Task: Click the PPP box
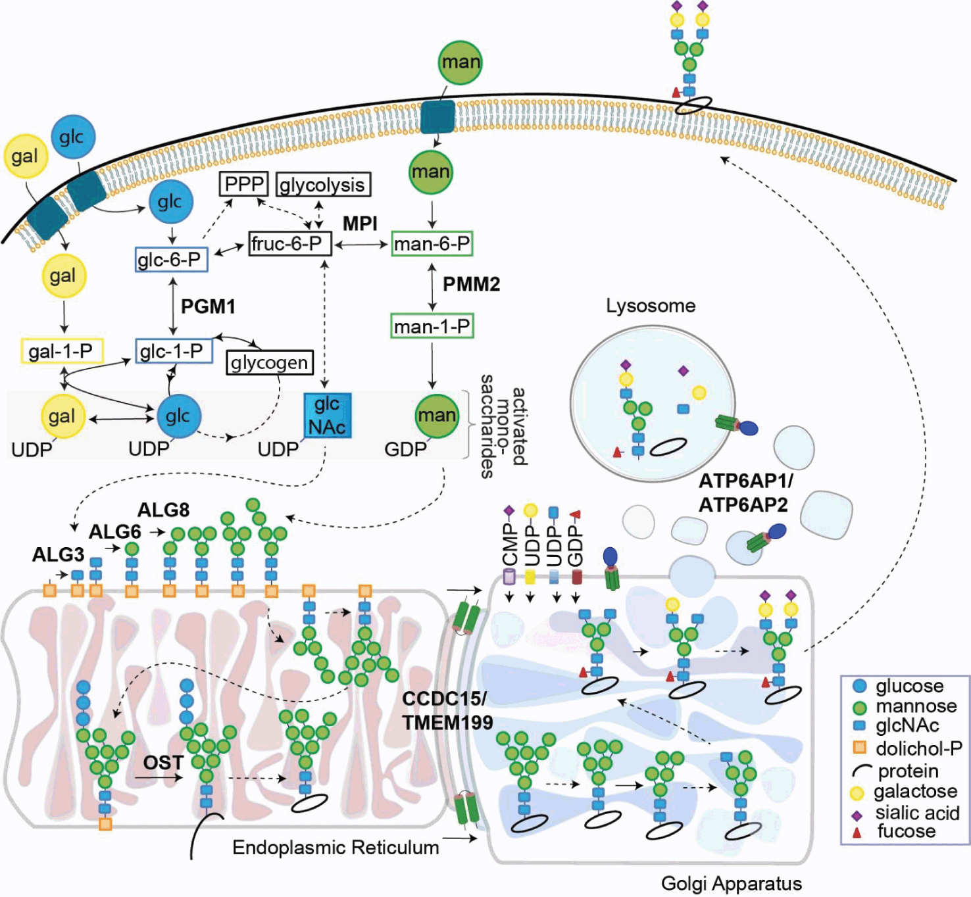pos(244,184)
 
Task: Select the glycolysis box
pos(322,185)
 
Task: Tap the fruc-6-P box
pos(288,244)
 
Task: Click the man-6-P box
pos(432,244)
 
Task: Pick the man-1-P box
pos(432,326)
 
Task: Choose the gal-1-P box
pos(62,351)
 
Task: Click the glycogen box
pos(269,362)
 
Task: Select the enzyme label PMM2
pos(471,284)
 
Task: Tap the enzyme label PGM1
pos(208,306)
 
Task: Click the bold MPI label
pos(360,224)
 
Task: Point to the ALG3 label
pos(58,554)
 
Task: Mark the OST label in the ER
pos(163,762)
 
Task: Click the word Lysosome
pos(651,306)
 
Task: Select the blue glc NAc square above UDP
pos(327,416)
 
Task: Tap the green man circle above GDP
pos(437,416)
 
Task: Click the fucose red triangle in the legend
pos(857,832)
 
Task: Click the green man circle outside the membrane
pos(460,62)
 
